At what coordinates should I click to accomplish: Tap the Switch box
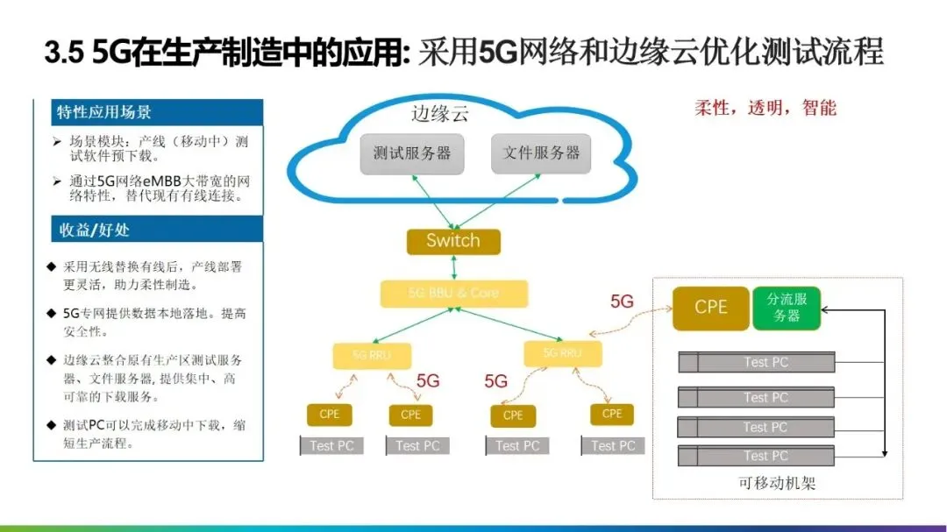tap(453, 241)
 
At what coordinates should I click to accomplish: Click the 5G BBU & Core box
tap(454, 293)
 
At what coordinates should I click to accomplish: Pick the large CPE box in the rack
tap(711, 308)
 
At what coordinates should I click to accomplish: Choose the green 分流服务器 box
tap(787, 308)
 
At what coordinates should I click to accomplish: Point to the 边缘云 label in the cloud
tap(440, 114)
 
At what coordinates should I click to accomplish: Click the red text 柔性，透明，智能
tap(765, 108)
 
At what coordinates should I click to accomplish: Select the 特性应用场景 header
tap(104, 112)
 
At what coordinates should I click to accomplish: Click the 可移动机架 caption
tap(778, 483)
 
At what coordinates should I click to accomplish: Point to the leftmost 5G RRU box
tap(372, 356)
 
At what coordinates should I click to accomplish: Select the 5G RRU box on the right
tap(562, 353)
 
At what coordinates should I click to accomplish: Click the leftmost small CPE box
tap(329, 415)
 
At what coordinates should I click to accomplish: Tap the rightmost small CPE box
tap(612, 414)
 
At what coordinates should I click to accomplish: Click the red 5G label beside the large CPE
tap(622, 301)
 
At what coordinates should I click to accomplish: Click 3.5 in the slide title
tap(64, 53)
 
